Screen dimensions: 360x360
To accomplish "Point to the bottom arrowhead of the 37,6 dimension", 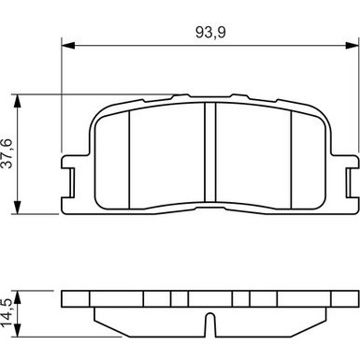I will coord(22,210).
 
